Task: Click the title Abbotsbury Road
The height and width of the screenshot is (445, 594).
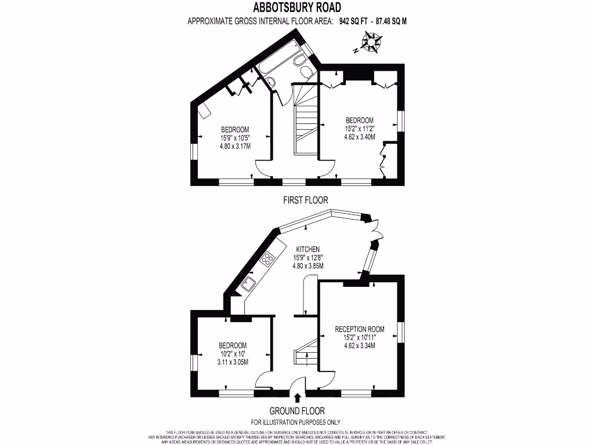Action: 296,8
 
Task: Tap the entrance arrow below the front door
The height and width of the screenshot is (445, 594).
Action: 298,397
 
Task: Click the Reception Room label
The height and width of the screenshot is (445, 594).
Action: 360,329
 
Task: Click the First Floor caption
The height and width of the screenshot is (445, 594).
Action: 305,200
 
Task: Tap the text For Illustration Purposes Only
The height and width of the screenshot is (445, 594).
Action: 296,422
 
